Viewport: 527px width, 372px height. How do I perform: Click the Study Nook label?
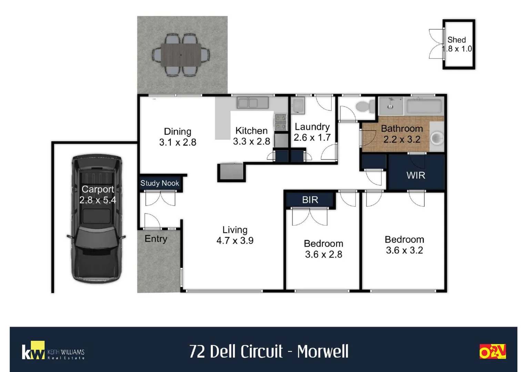[160, 183]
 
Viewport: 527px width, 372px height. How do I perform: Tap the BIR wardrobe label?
[310, 200]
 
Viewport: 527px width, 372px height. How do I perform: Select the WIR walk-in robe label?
[416, 175]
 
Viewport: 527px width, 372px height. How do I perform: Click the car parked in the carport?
[97, 219]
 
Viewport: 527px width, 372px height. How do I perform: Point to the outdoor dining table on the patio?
[181, 55]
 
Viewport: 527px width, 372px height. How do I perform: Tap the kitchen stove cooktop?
[281, 122]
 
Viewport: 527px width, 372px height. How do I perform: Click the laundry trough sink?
[298, 106]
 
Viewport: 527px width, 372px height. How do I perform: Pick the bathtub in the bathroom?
[424, 106]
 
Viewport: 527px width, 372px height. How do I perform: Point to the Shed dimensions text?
[457, 49]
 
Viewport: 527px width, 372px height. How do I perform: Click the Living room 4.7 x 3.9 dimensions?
[235, 240]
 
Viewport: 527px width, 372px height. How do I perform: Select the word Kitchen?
[251, 131]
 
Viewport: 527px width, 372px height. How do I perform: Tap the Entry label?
[156, 239]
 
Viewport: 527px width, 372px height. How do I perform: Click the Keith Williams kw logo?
[33, 351]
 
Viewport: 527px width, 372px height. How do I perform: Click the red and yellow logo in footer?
[492, 351]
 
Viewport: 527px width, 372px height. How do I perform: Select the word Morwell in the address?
[323, 352]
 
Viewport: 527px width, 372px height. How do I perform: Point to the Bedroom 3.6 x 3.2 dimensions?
[404, 250]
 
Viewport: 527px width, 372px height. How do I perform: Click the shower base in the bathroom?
[391, 106]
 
